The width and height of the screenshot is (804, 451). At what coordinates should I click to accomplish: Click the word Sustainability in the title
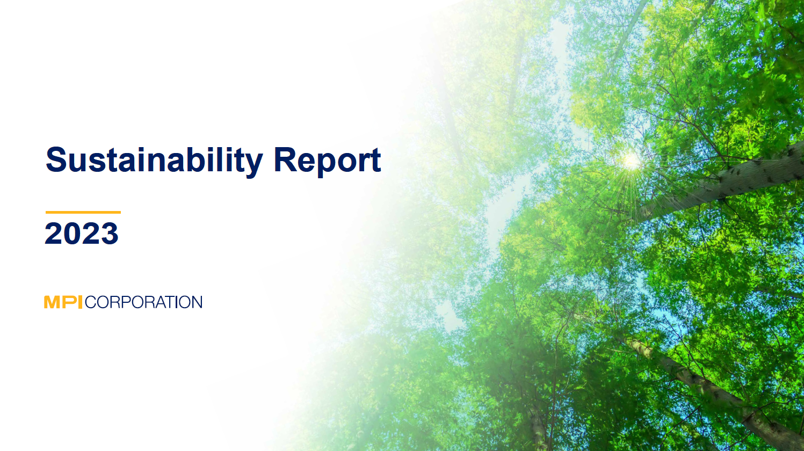(x=154, y=162)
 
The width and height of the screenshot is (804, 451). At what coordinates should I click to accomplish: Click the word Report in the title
(x=327, y=162)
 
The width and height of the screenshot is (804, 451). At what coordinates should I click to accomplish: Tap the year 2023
(x=82, y=233)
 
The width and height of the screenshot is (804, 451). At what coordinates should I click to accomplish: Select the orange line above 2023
(x=83, y=213)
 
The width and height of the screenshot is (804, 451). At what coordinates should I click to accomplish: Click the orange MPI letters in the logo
(x=63, y=302)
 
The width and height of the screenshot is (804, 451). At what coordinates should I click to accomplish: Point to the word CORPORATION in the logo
(x=143, y=302)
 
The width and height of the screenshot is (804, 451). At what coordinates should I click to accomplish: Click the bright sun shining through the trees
(x=631, y=161)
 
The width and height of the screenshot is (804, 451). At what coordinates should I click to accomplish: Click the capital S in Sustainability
(x=57, y=159)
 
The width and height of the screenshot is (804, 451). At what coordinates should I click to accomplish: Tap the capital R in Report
(x=286, y=159)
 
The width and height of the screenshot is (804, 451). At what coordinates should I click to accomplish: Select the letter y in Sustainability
(x=252, y=165)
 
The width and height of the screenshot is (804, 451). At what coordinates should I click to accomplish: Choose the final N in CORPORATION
(x=197, y=302)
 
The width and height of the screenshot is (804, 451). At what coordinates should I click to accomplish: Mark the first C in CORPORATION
(x=91, y=302)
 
